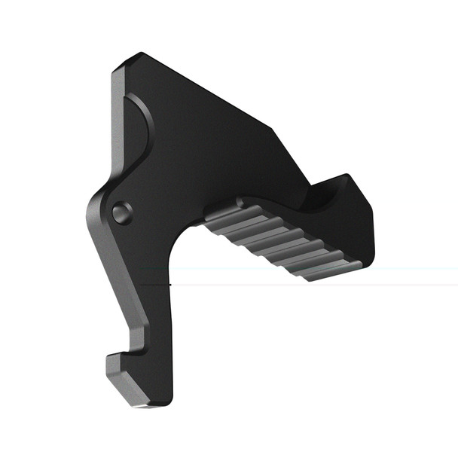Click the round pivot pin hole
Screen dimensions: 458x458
[121, 213]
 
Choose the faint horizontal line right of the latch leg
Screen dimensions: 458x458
[316, 285]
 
